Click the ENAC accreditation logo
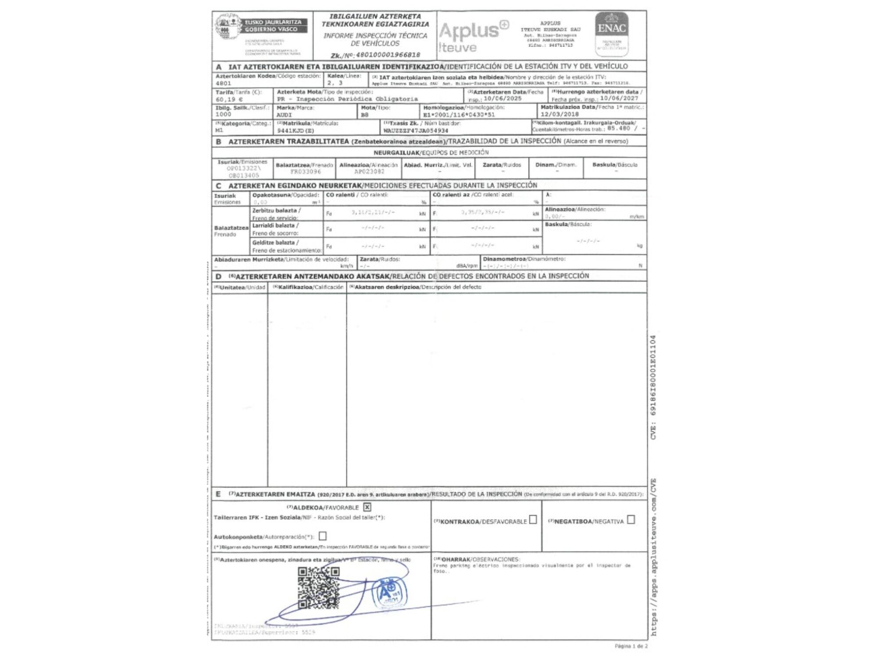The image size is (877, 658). pyautogui.click(x=611, y=34)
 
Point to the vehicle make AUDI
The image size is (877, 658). pyautogui.click(x=284, y=115)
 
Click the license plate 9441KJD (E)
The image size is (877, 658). pyautogui.click(x=296, y=131)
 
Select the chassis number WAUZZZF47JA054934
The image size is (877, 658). pyautogui.click(x=416, y=131)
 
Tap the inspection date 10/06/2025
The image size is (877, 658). pyautogui.click(x=503, y=99)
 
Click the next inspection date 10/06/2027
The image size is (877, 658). pyautogui.click(x=619, y=98)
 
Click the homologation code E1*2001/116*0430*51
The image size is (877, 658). pyautogui.click(x=459, y=114)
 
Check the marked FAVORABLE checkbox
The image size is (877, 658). pyautogui.click(x=367, y=507)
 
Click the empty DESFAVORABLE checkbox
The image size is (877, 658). pyautogui.click(x=533, y=520)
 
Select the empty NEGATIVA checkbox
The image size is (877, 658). pyautogui.click(x=631, y=519)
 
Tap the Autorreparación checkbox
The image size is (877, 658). pyautogui.click(x=323, y=536)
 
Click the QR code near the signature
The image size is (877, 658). pyautogui.click(x=319, y=588)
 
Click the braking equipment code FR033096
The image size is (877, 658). pyautogui.click(x=306, y=172)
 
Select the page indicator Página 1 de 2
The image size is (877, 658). pyautogui.click(x=631, y=646)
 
